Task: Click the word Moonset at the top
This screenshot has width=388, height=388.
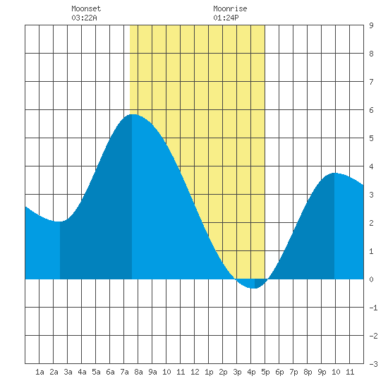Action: tap(86, 8)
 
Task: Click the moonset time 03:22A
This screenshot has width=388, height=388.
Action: tap(84, 18)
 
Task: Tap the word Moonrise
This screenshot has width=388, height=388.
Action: tap(230, 8)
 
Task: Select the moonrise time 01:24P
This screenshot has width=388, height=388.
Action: tap(226, 18)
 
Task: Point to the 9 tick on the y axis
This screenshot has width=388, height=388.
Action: tap(371, 25)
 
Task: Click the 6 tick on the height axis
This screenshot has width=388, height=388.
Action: tap(371, 110)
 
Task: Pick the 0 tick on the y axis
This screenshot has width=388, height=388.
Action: tap(371, 279)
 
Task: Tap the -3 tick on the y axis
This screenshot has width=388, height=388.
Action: tap(373, 364)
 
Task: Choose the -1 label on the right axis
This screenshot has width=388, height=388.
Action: tap(373, 308)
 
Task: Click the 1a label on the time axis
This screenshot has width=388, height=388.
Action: tap(40, 372)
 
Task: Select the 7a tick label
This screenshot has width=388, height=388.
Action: tap(124, 372)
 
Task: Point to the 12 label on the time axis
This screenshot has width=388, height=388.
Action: tap(195, 372)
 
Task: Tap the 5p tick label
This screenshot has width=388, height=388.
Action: tap(265, 372)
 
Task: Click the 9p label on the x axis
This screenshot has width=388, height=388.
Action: tap(322, 372)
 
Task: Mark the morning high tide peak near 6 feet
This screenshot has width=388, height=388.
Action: tap(133, 114)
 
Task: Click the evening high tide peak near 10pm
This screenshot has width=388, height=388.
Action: tap(334, 174)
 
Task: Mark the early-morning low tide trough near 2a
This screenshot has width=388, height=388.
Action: tap(59, 222)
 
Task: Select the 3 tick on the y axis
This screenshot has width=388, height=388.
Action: tap(371, 195)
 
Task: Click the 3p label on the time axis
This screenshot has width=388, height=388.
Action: tap(237, 372)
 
